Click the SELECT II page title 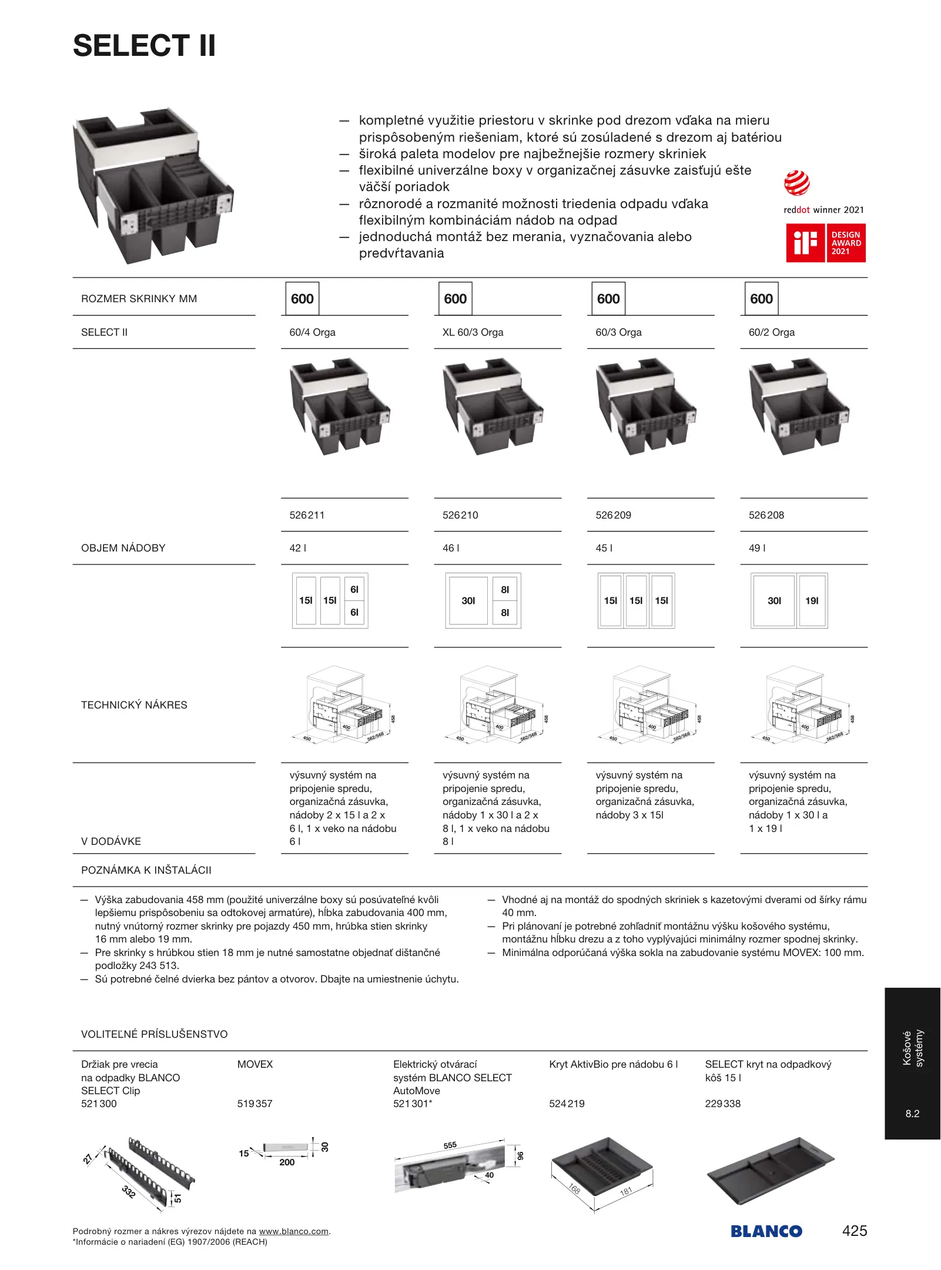[144, 46]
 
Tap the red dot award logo [796, 183]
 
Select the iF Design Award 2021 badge [826, 243]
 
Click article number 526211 [307, 515]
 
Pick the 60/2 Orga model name [771, 332]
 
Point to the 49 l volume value [757, 548]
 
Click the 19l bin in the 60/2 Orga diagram [812, 601]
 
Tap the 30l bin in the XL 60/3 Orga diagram [468, 601]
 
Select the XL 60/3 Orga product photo [493, 407]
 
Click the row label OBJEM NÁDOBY [123, 548]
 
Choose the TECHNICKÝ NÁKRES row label [134, 705]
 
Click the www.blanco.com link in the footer [293, 1231]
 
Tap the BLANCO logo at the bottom [766, 1231]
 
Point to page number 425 [854, 1231]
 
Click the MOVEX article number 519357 [254, 1104]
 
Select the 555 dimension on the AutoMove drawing [450, 1145]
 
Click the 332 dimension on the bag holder [128, 1192]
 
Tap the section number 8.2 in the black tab [912, 1114]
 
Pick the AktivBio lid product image [602, 1170]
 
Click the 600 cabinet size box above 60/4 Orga [302, 299]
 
